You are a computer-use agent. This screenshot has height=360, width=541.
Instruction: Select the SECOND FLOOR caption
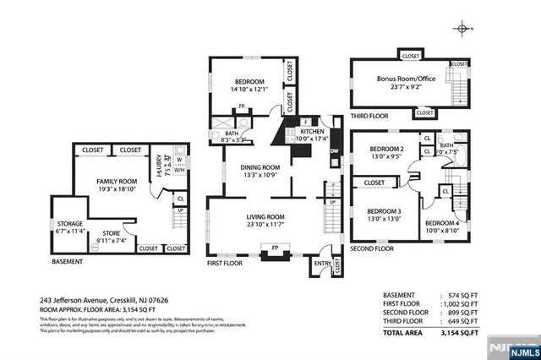pyautogui.click(x=372, y=249)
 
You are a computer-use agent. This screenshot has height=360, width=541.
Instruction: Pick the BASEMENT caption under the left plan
pyautogui.click(x=67, y=263)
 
